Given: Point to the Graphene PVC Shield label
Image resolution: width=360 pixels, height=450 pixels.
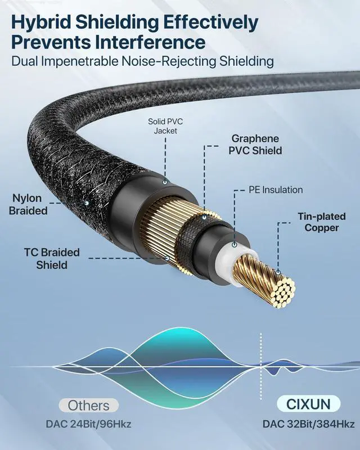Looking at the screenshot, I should coord(256,145).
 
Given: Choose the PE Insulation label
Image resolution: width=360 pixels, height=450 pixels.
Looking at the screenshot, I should coord(276,190).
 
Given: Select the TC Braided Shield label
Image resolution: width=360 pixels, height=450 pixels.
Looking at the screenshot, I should coord(52,258).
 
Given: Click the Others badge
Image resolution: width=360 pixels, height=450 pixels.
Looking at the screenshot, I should coord(88,404).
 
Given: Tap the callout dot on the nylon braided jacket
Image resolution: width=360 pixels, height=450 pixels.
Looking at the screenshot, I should coord(87,200).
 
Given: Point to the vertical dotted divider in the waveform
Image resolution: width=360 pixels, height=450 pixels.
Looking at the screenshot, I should coord(260,360).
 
